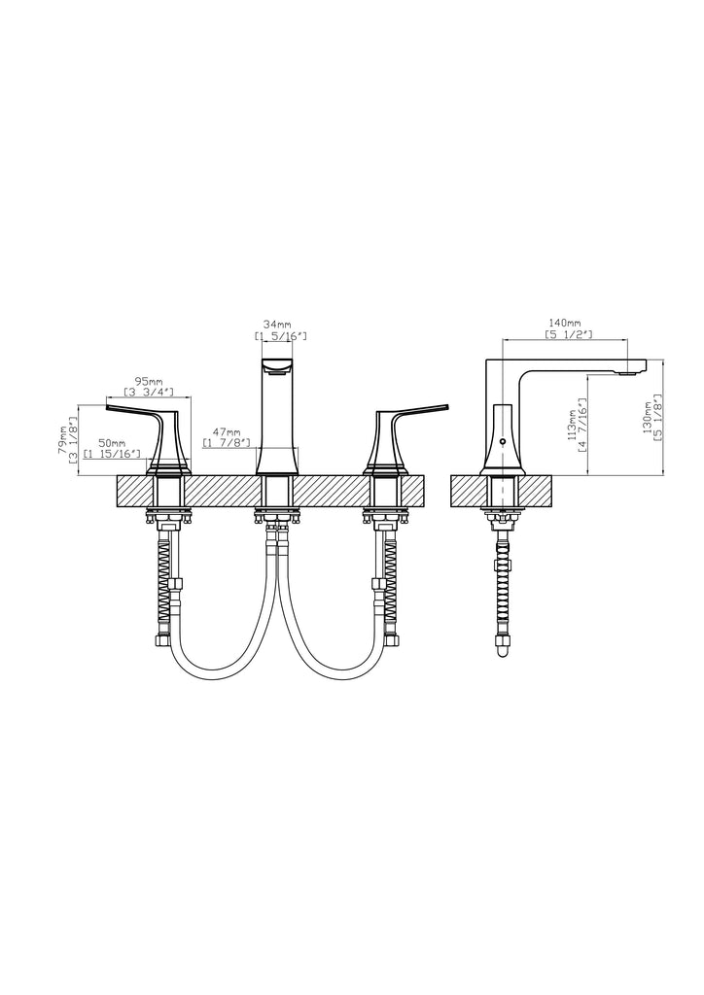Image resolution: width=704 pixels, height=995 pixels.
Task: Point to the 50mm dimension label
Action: point(112,442)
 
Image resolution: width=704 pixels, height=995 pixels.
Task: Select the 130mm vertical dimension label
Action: point(647,417)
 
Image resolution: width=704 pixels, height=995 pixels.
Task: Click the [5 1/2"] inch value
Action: point(569,334)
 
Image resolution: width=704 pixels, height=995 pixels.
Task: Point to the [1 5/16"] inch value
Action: point(281,335)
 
